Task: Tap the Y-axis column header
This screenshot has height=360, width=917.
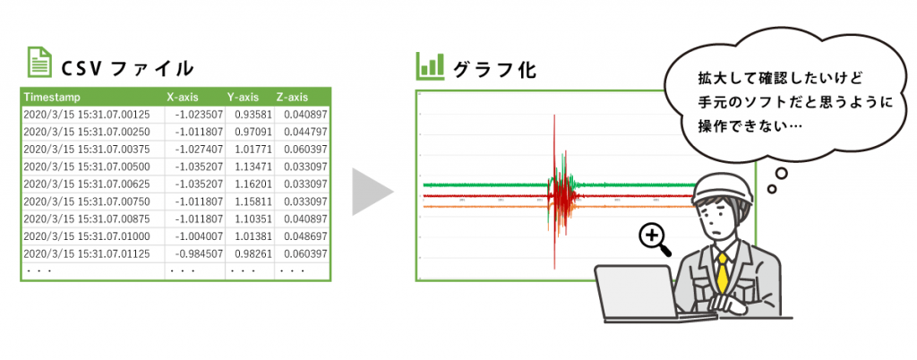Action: click(244, 97)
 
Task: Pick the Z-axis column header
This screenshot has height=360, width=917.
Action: click(292, 97)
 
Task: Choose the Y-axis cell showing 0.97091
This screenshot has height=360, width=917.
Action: click(253, 132)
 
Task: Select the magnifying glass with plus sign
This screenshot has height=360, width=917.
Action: click(654, 237)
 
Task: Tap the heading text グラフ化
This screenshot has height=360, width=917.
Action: click(495, 68)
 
